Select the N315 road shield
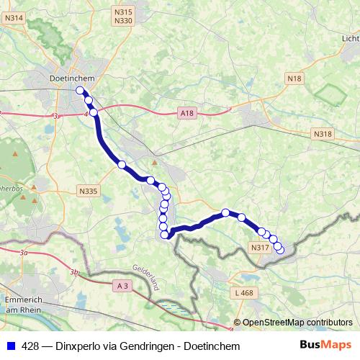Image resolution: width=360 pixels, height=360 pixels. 124,12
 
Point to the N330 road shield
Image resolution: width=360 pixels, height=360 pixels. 124,21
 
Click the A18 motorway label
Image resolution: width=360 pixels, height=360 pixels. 187,113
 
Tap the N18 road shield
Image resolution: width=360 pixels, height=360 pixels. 294,77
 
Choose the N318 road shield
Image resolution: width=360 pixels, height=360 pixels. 323,134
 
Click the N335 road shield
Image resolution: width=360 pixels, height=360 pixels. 88,191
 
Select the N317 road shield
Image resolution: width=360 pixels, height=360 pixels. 260,248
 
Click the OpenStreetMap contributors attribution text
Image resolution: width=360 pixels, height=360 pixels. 297,322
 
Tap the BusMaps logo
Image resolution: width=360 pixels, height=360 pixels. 325,345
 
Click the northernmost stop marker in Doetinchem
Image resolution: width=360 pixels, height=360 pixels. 79,91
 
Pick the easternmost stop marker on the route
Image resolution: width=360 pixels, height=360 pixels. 280,250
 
